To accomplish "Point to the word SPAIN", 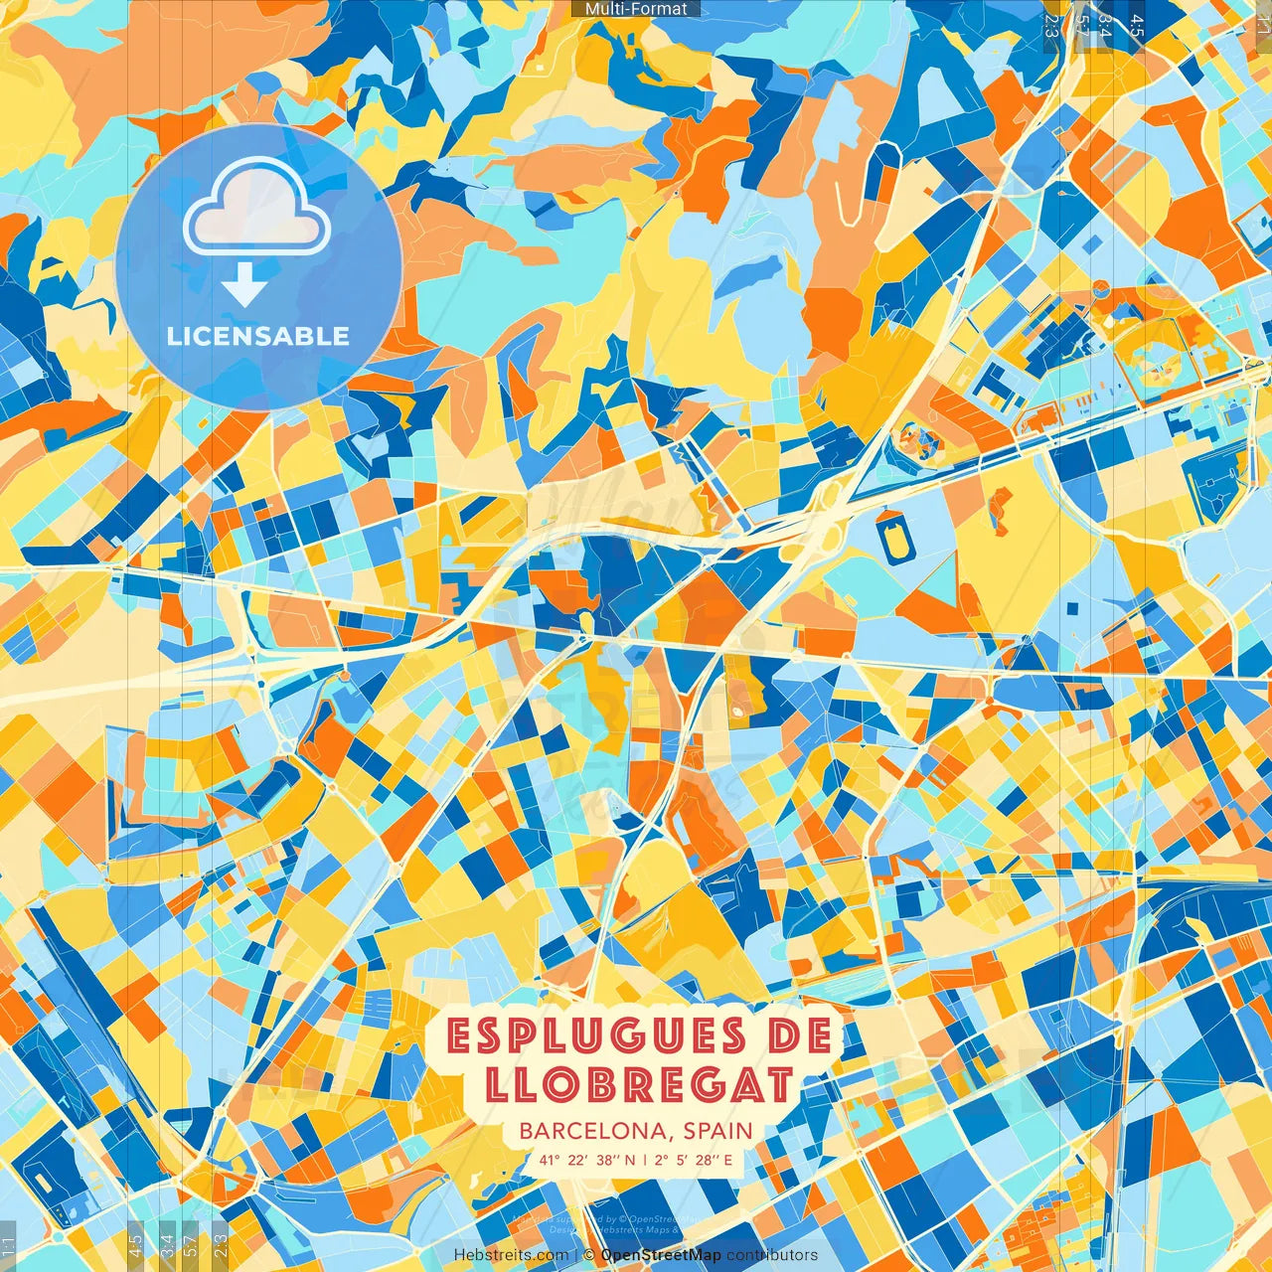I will (716, 1131).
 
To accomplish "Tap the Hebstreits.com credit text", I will (511, 1255).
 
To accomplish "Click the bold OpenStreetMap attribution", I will (661, 1255).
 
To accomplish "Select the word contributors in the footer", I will (772, 1255).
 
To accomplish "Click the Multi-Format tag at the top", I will (636, 9).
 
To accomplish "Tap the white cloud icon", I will (256, 210).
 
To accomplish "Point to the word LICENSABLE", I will (258, 336).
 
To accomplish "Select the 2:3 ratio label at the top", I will (1050, 26).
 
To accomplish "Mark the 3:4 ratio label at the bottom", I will (166, 1241).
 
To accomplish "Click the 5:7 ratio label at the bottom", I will (191, 1241).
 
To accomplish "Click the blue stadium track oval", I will (893, 533).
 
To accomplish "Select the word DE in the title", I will (799, 1036).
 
